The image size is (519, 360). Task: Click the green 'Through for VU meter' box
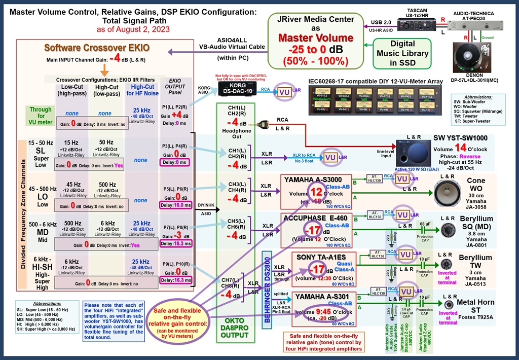tap(40, 116)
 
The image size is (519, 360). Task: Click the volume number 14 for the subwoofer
tap(460, 148)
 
